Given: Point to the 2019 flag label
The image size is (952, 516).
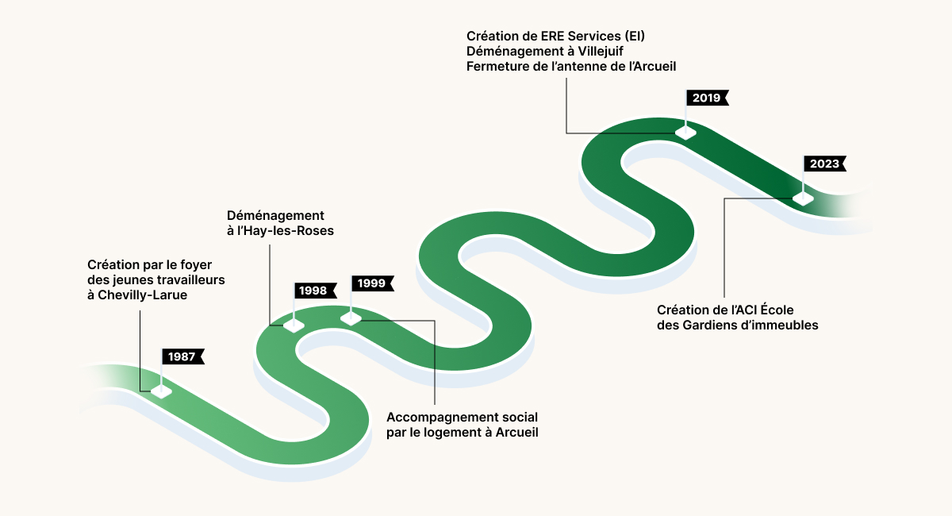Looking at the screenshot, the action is click(x=708, y=98).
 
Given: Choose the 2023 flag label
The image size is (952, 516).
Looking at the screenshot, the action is click(x=825, y=164).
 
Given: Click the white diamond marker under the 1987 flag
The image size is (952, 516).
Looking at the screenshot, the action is click(x=162, y=391).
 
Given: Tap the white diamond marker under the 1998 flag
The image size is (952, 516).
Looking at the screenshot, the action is click(x=294, y=325).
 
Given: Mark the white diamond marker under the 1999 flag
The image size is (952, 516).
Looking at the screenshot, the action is click(x=351, y=318).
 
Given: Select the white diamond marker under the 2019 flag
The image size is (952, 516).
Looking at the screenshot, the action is click(x=685, y=133).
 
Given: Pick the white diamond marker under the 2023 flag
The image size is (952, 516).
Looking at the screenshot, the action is click(x=803, y=198).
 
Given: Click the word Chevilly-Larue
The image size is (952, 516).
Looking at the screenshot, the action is click(x=142, y=295).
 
